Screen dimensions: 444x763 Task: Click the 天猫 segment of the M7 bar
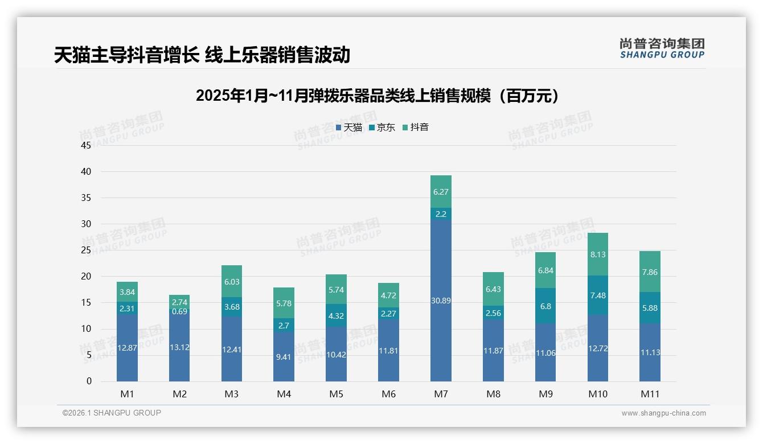441,300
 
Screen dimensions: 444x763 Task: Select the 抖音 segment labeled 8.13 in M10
598,254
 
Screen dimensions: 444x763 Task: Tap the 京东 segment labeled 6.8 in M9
545,306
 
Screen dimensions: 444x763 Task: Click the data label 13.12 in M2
179,347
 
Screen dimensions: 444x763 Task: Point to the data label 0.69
179,311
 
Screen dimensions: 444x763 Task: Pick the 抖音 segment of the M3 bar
232,281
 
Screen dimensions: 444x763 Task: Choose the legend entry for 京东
382,128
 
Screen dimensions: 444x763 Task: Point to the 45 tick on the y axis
86,145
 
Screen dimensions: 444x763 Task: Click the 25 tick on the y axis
86,250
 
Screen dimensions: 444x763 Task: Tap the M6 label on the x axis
388,394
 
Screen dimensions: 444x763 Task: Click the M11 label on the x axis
650,394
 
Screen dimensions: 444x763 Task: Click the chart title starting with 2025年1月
377,96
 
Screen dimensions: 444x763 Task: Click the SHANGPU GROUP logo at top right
662,48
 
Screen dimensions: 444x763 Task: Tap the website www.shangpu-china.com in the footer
663,413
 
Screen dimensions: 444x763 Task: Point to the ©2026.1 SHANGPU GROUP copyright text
112,413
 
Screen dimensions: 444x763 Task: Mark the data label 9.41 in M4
284,357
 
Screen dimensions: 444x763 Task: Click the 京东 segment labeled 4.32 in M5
336,316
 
